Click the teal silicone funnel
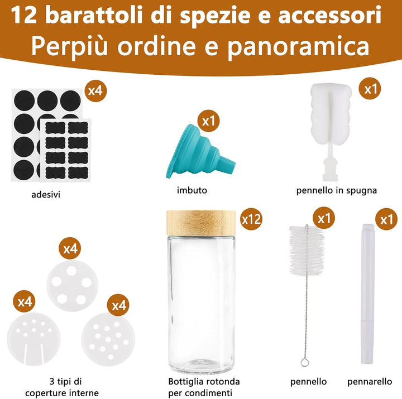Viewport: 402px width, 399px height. coord(198,152)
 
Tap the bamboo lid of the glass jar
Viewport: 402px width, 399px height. coord(201,223)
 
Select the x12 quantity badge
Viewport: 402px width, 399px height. coord(251,219)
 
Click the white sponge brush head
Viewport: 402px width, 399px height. coord(331,113)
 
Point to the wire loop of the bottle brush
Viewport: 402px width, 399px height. coord(305,362)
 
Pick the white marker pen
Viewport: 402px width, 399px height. coord(368,294)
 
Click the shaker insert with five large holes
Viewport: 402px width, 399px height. coord(72,286)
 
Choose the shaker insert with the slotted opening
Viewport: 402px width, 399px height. coord(33,339)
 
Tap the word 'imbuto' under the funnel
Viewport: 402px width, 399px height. coord(192,190)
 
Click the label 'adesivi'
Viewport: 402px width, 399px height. coord(46,195)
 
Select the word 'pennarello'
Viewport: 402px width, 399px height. coord(370,382)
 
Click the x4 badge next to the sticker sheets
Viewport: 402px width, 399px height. coord(95,90)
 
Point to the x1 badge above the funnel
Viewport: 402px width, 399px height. coord(208,121)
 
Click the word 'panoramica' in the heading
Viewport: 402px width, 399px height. coord(298,46)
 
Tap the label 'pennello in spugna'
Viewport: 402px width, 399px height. coord(336,190)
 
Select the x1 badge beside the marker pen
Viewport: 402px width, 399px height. coord(386,219)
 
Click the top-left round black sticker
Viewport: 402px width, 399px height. coord(25,100)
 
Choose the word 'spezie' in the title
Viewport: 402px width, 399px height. coord(214,16)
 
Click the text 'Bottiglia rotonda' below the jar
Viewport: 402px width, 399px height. coord(204,382)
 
